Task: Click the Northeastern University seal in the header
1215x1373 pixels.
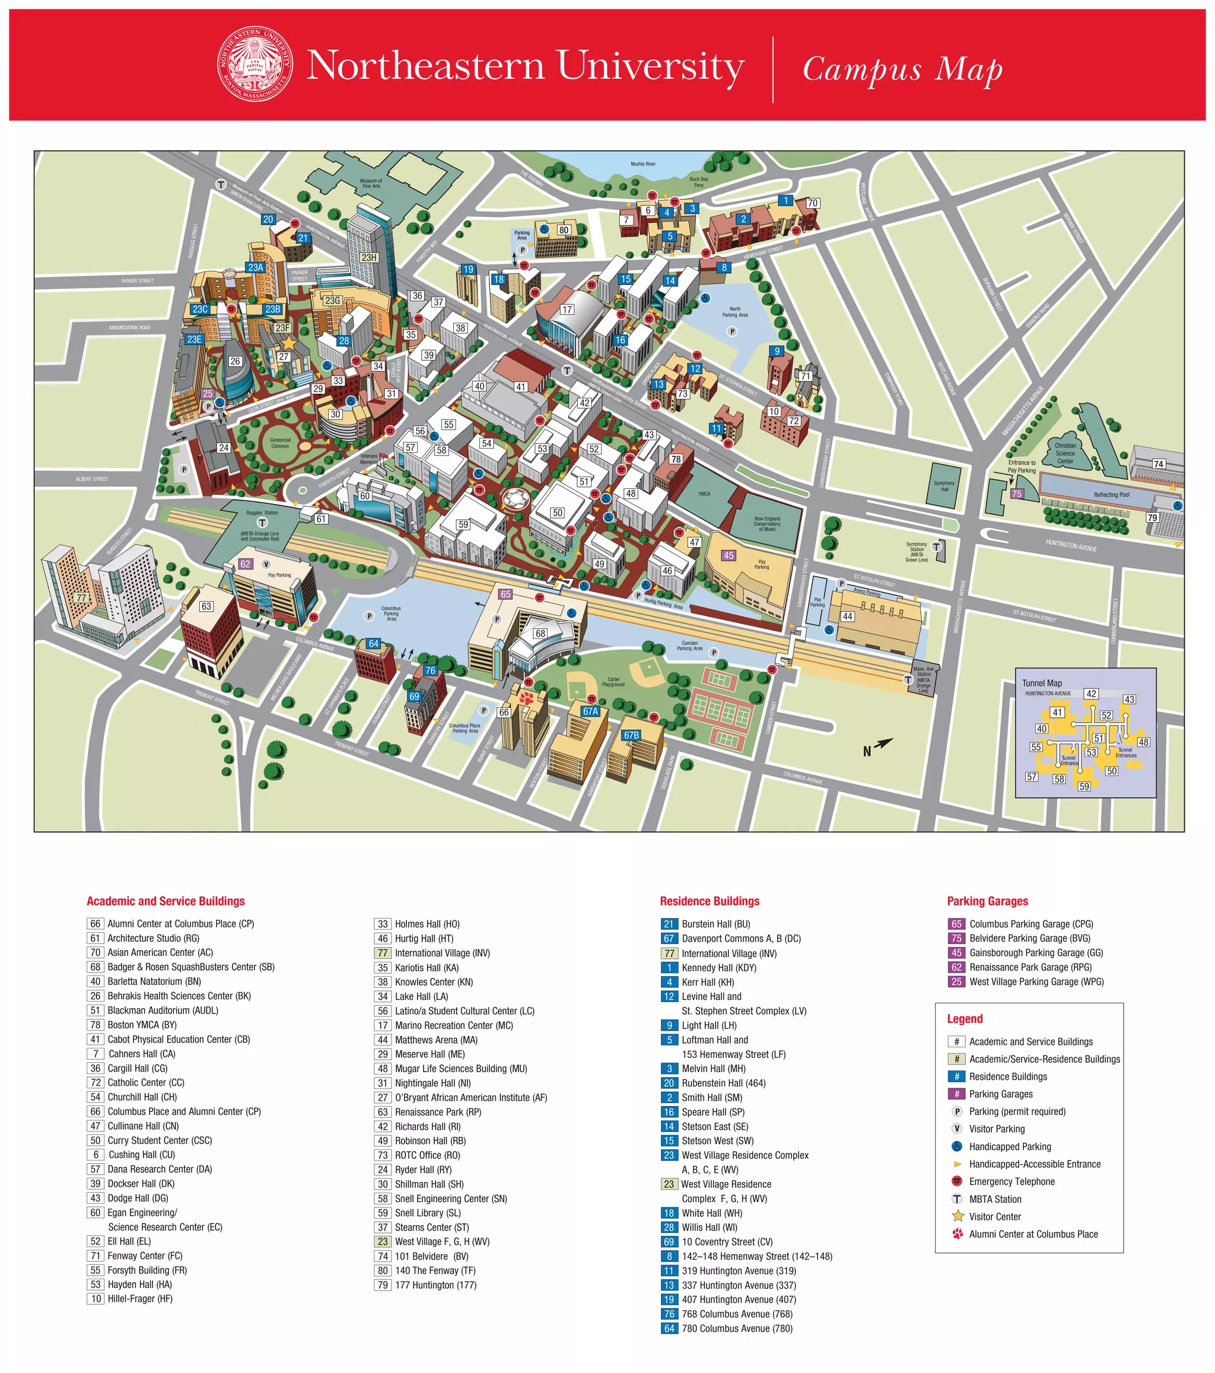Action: coord(255,65)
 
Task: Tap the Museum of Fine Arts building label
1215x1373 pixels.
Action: coord(370,183)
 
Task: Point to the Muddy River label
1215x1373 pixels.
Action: coord(643,164)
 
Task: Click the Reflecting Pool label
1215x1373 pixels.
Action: coord(1111,495)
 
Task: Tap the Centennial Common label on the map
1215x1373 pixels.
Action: coord(280,443)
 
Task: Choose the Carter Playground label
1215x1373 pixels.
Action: coord(613,682)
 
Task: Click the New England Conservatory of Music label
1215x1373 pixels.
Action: coord(767,524)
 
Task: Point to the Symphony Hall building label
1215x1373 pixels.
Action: coord(944,486)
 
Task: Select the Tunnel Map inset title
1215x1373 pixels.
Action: coord(1042,683)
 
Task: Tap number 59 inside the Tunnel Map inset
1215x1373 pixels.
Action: coord(1084,787)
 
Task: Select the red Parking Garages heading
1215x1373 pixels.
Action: coord(987,901)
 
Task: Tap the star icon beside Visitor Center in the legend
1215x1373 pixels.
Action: coord(958,1216)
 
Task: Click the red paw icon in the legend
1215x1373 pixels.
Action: coord(958,1234)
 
